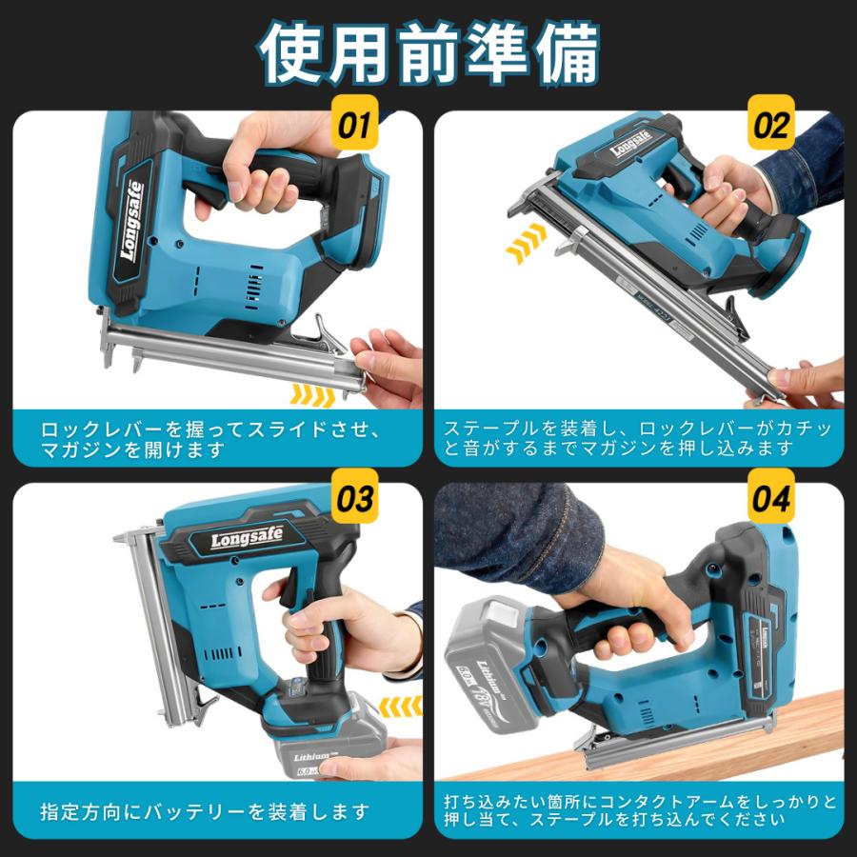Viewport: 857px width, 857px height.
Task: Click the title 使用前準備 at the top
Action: [x=428, y=51]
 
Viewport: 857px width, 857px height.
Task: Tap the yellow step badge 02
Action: [x=771, y=125]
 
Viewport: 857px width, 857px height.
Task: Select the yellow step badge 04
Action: [x=771, y=498]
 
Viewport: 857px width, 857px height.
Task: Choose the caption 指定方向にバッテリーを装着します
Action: [x=204, y=812]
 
